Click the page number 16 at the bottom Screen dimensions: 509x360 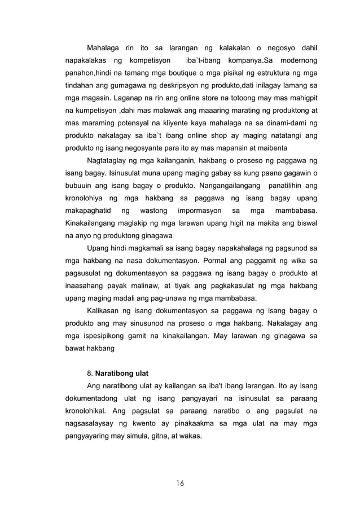coord(180,483)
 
